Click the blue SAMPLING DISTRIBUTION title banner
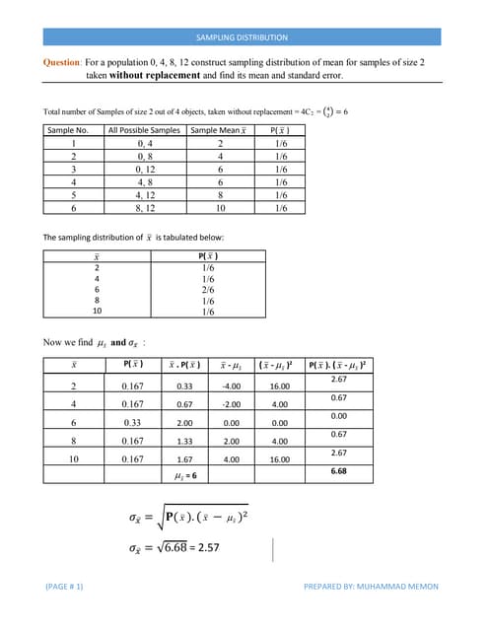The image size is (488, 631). coord(243,37)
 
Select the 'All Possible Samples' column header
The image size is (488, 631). coord(144,130)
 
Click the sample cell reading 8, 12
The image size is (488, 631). coord(144,208)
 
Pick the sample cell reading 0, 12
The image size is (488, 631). coord(144,169)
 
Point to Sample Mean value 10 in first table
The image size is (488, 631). coord(222,208)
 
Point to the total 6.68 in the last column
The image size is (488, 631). coord(339,471)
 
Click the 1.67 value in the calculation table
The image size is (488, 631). coord(183,458)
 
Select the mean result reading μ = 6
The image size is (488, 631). coord(183,476)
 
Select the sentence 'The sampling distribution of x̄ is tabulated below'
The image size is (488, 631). coord(134,238)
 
